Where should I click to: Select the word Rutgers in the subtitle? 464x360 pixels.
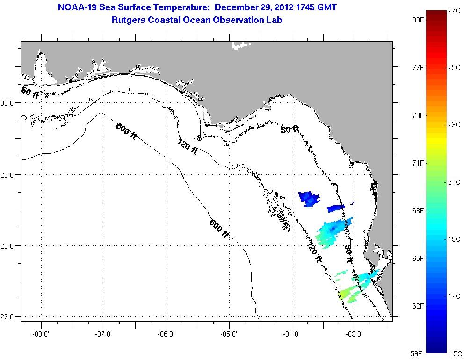click(x=128, y=20)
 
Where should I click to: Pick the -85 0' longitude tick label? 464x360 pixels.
click(x=230, y=334)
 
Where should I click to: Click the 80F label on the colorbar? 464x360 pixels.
click(x=418, y=20)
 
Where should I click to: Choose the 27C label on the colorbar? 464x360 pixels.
click(x=454, y=11)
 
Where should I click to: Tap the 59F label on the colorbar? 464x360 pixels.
click(x=418, y=353)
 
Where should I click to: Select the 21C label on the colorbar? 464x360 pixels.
click(x=454, y=182)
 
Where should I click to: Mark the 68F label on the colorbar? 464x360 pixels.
click(x=418, y=211)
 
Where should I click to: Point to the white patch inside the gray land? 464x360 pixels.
click(x=240, y=45)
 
